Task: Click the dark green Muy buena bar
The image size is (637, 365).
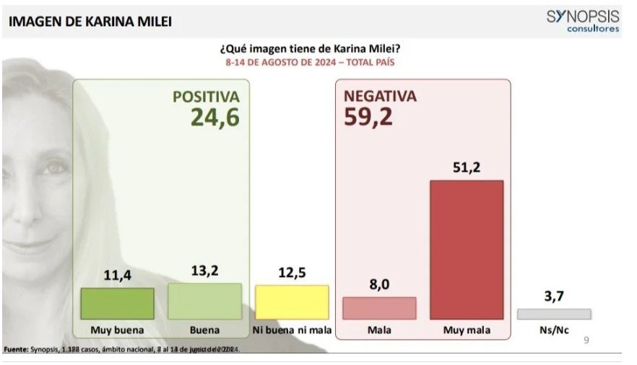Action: [118, 304]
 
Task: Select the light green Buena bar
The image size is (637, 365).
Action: [205, 302]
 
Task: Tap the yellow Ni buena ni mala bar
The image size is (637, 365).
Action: [292, 302]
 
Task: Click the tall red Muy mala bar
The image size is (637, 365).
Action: [467, 250]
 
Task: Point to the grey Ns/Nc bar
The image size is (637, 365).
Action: [554, 314]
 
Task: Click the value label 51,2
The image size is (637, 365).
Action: [467, 168]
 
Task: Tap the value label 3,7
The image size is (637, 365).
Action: [554, 297]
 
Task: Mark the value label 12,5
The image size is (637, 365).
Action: [292, 273]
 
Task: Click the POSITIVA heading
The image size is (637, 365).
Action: [205, 96]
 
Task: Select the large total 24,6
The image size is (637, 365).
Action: [214, 117]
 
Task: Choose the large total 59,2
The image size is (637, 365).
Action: [368, 117]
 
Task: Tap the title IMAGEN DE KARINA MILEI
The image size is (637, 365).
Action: [90, 22]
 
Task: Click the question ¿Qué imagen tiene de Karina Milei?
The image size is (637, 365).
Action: [310, 48]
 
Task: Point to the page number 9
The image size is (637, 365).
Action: [586, 340]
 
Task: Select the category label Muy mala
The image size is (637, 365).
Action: [467, 330]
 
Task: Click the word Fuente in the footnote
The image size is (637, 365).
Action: [16, 349]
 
